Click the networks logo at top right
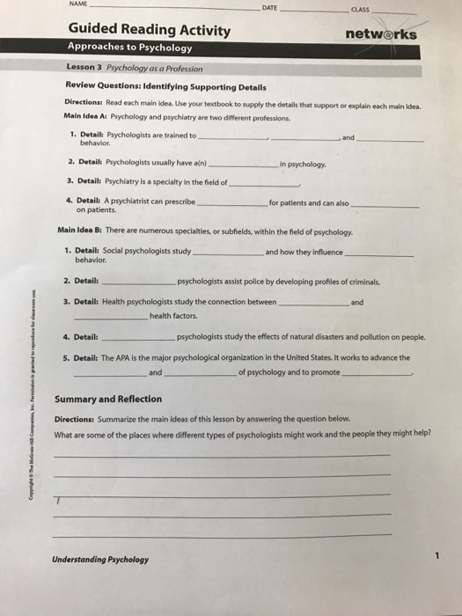point(381,34)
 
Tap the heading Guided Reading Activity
point(150,32)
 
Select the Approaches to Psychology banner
point(129,48)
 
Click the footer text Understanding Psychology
point(100,560)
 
